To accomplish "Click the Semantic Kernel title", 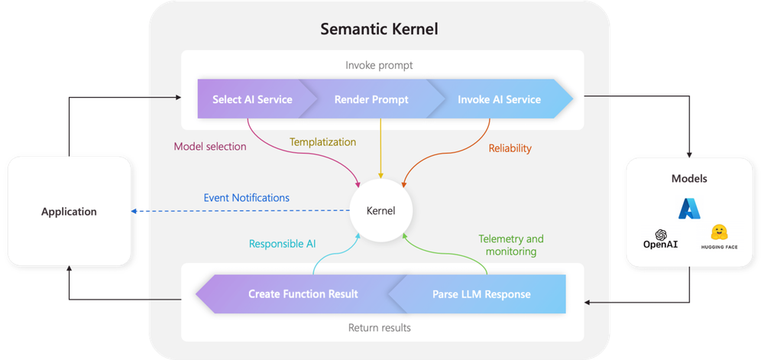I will (x=379, y=30).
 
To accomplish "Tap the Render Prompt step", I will (x=373, y=99).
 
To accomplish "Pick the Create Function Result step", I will (x=303, y=294).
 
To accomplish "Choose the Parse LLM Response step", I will (x=481, y=294).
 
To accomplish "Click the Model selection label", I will (x=209, y=147).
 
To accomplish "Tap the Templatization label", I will (x=323, y=141).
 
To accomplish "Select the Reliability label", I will (x=510, y=148).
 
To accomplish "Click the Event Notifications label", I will (x=246, y=198).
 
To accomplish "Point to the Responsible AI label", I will (x=283, y=244).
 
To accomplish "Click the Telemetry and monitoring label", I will (x=510, y=245).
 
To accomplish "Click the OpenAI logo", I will (x=662, y=238).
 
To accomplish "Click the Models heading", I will (x=689, y=179).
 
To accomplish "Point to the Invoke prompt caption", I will (x=379, y=65).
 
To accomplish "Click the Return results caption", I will (x=380, y=328).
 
